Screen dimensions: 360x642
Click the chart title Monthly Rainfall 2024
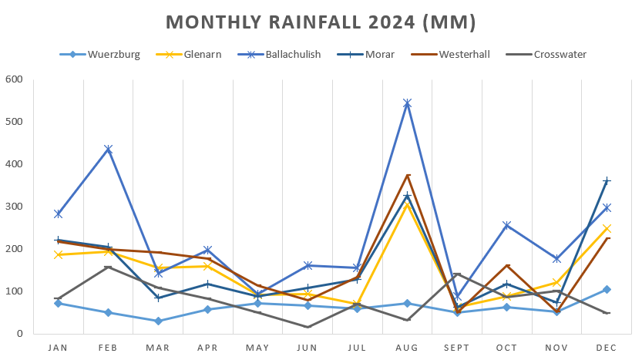tap(321, 22)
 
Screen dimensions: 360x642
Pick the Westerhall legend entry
tap(464, 55)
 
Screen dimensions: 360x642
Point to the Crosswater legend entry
tap(560, 55)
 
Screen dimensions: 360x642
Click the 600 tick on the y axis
tap(15, 79)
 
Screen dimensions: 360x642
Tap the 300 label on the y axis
tap(15, 207)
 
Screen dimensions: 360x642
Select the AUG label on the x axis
tap(407, 348)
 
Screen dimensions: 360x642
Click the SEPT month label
tap(457, 348)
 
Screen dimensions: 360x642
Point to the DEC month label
tap(607, 348)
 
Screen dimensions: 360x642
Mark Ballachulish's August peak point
tap(407, 103)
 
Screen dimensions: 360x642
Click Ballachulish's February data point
tap(108, 150)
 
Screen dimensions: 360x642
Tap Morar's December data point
tap(607, 181)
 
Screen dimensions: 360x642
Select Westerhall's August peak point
tap(408, 176)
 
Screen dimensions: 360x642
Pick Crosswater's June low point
tap(308, 327)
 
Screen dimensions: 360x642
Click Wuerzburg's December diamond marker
tap(607, 289)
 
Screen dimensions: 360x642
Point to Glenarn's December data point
tap(607, 228)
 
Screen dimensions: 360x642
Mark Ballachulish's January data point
tap(59, 214)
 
